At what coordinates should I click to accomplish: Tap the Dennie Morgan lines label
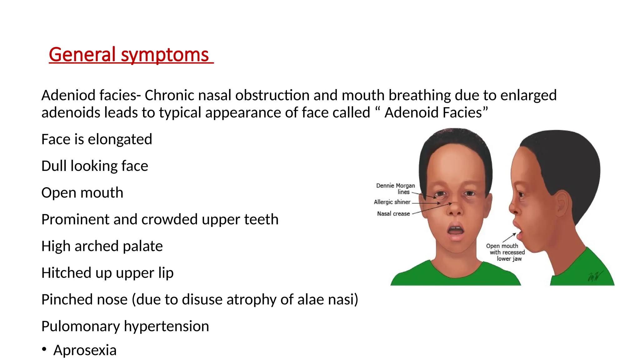coord(396,189)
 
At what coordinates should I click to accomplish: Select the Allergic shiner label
coord(392,202)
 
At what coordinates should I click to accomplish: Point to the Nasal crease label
coord(393,214)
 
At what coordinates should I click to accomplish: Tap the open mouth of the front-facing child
coord(456,231)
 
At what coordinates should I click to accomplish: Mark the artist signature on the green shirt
coord(594,276)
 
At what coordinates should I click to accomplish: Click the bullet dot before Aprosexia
coord(44,349)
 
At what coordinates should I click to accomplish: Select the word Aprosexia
coord(85,350)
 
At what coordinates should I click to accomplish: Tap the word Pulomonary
coord(81,327)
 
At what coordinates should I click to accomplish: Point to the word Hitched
coord(66,273)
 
